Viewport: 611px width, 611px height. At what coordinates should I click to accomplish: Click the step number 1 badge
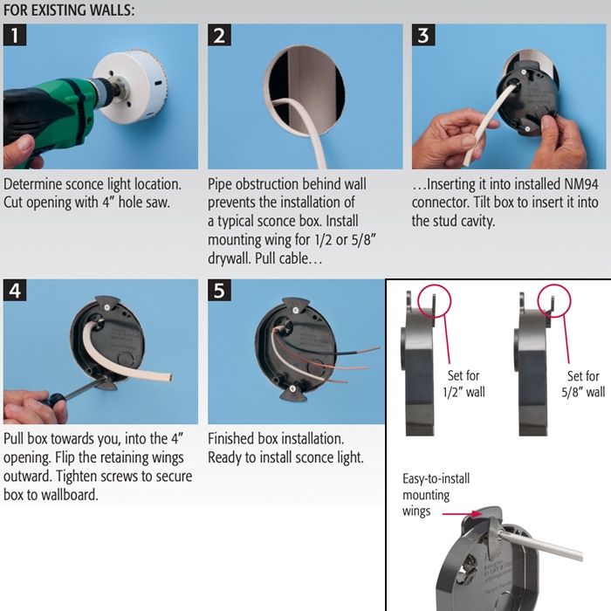click(x=15, y=35)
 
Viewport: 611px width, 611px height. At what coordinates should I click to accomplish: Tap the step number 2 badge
click(x=219, y=35)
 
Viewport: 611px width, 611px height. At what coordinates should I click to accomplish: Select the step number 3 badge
click(x=423, y=35)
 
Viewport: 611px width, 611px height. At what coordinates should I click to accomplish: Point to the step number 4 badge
click(x=15, y=291)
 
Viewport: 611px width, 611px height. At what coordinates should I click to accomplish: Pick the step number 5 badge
click(x=219, y=291)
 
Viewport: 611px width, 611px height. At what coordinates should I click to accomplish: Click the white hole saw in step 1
click(x=133, y=87)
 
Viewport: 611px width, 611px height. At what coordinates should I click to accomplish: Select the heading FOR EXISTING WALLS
click(x=69, y=10)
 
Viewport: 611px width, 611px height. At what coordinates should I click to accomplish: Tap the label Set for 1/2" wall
click(x=463, y=384)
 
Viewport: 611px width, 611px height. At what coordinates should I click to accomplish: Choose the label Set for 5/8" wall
click(x=583, y=384)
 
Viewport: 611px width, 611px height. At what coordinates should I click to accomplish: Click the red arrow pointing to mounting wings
click(x=462, y=514)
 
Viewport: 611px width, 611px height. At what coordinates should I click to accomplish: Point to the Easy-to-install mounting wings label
click(x=436, y=495)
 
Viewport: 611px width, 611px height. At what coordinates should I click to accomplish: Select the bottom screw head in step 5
click(x=292, y=389)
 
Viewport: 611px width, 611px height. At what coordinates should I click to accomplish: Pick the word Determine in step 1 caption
click(x=33, y=184)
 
